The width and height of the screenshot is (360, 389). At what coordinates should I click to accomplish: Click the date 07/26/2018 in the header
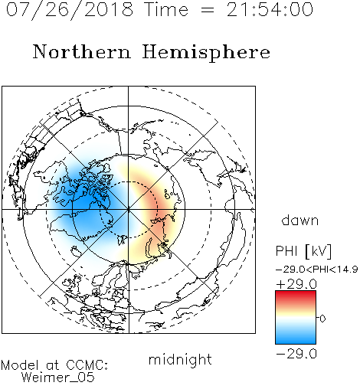[70, 10]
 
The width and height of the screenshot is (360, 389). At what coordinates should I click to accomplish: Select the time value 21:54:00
[270, 9]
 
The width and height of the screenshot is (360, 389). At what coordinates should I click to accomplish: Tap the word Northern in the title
[82, 51]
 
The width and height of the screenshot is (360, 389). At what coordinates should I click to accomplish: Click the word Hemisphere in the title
[206, 53]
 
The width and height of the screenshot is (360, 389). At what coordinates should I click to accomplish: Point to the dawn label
[300, 221]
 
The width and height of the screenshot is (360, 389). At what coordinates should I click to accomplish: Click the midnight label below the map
[180, 360]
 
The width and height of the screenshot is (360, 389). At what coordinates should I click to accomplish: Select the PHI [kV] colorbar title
[303, 251]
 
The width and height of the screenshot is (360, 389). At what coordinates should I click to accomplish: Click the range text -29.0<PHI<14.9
[316, 270]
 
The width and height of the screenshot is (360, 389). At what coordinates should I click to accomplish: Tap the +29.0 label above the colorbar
[296, 284]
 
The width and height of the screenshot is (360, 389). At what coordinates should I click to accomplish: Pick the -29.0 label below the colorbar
[296, 354]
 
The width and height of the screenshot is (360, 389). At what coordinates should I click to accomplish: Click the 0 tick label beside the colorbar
[322, 319]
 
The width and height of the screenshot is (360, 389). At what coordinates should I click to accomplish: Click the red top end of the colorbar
[296, 293]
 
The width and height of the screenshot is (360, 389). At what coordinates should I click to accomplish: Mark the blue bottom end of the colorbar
[296, 341]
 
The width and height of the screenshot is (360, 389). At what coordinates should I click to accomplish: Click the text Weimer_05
[58, 378]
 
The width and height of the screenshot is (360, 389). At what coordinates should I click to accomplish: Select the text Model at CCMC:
[54, 365]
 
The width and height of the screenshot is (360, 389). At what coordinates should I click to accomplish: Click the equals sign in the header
[208, 10]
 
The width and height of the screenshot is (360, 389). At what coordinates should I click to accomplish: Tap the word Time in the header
[166, 9]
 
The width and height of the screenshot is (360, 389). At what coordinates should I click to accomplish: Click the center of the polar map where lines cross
[128, 210]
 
